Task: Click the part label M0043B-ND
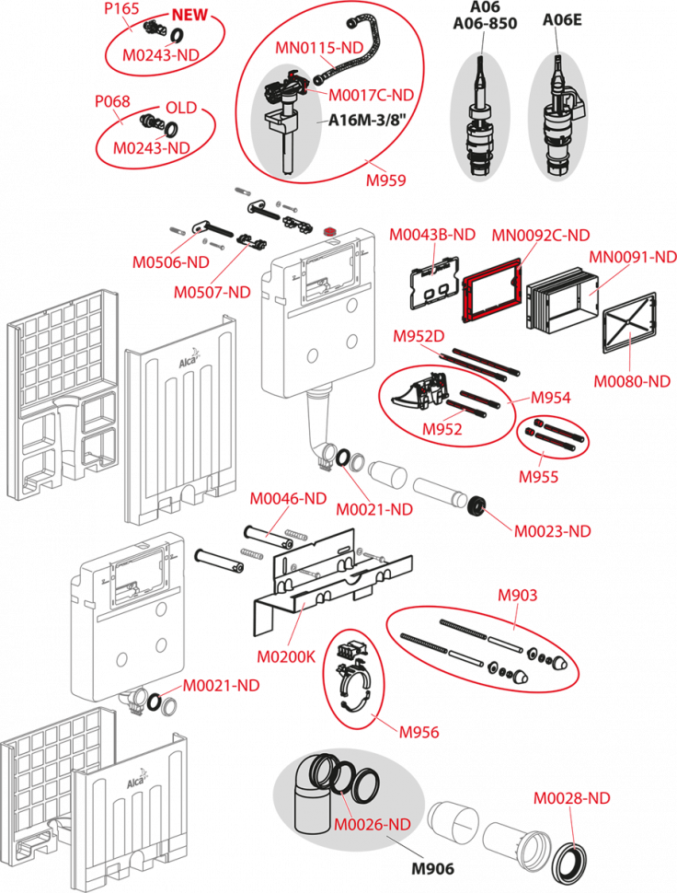click(x=432, y=235)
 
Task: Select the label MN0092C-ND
click(x=540, y=236)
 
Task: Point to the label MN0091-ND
click(x=632, y=259)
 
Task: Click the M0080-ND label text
click(x=632, y=381)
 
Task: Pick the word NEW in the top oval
click(x=189, y=15)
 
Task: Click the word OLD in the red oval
click(x=180, y=108)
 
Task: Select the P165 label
click(x=121, y=7)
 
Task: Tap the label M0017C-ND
click(x=371, y=94)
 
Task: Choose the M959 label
click(x=386, y=180)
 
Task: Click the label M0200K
click(x=285, y=657)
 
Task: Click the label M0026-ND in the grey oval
click(x=372, y=824)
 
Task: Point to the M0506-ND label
click(x=170, y=262)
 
